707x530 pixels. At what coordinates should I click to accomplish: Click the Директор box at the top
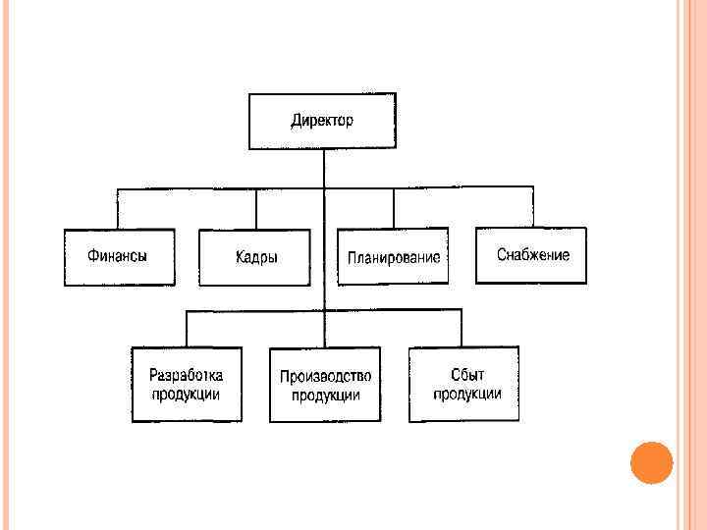tap(323, 122)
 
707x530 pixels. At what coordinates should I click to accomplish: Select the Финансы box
tap(119, 257)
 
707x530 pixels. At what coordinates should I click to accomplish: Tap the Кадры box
tap(255, 258)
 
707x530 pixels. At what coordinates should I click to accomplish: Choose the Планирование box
tap(393, 257)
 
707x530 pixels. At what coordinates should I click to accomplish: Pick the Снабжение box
tap(531, 255)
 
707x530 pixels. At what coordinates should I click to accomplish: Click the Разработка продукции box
tap(187, 384)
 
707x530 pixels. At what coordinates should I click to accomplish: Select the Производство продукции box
tap(324, 386)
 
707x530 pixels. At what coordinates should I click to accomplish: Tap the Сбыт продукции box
tap(463, 384)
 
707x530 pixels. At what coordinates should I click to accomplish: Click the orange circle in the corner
tap(650, 462)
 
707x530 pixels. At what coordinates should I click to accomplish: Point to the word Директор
tap(322, 122)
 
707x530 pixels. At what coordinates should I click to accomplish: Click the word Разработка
tap(187, 375)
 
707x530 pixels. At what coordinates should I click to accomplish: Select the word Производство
tap(325, 377)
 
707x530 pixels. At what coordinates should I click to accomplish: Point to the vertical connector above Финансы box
tap(118, 209)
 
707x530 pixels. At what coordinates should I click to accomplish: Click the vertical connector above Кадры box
tap(256, 209)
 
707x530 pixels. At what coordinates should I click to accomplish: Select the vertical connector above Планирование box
tap(393, 209)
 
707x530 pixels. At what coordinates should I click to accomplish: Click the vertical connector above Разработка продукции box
tap(187, 328)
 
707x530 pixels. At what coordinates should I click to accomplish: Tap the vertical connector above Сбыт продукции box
tap(461, 328)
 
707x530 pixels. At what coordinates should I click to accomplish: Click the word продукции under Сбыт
tap(468, 394)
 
